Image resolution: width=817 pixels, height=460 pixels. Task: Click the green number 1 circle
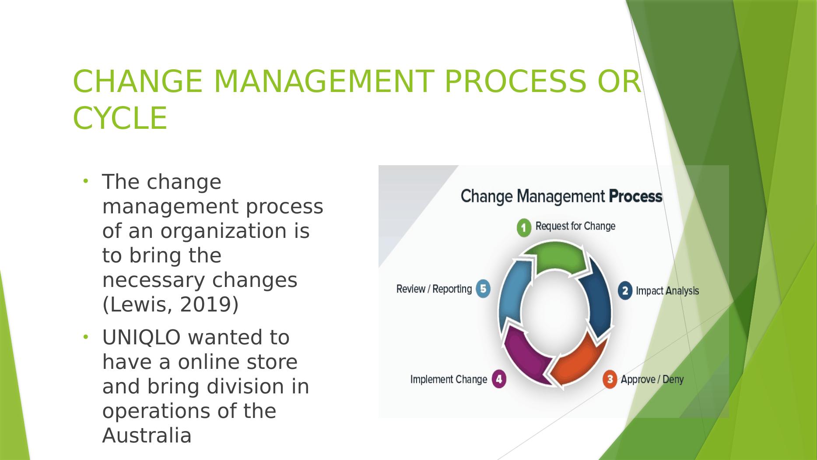click(x=524, y=228)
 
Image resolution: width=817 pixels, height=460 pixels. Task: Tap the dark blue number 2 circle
click(x=625, y=291)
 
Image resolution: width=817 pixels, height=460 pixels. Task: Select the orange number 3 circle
click(x=610, y=379)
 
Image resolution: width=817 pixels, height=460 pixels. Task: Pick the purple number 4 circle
click(x=499, y=379)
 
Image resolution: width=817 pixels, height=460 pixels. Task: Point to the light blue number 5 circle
click(x=483, y=289)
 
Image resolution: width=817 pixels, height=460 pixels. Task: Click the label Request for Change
click(x=575, y=226)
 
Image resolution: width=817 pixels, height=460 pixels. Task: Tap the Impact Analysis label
click(x=667, y=291)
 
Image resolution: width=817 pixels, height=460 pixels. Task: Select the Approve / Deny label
click(x=652, y=379)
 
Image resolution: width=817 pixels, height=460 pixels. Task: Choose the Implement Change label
click(x=449, y=379)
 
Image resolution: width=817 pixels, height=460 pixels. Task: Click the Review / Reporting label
click(x=434, y=289)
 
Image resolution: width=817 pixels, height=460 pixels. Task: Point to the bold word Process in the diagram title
click(x=635, y=196)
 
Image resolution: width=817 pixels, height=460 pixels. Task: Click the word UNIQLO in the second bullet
click(x=141, y=337)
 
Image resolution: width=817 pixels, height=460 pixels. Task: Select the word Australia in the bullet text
click(x=147, y=436)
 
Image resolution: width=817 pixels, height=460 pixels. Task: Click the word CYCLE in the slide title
click(x=120, y=118)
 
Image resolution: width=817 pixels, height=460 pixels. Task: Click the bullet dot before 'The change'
click(x=86, y=181)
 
